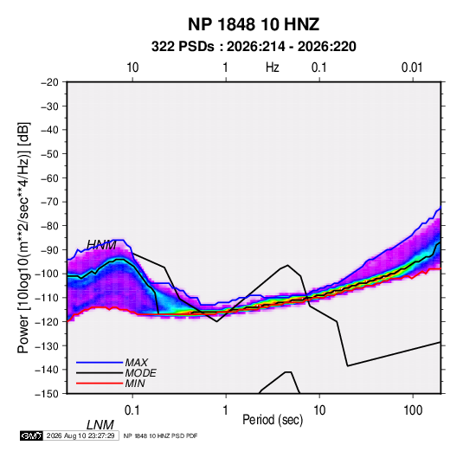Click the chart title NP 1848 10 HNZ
click(x=254, y=24)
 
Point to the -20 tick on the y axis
click(x=49, y=82)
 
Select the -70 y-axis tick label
click(x=49, y=202)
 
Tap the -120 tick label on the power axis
click(x=47, y=322)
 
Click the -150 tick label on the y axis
click(x=47, y=394)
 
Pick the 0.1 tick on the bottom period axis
click(x=132, y=410)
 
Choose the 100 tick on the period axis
click(x=413, y=410)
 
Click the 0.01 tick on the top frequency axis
click(x=412, y=68)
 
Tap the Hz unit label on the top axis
click(x=273, y=68)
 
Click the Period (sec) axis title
click(x=273, y=420)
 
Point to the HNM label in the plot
click(x=101, y=245)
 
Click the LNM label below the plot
click(x=100, y=425)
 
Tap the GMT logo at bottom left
click(x=31, y=435)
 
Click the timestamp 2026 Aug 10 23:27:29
click(x=80, y=435)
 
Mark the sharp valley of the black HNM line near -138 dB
click(x=348, y=366)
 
